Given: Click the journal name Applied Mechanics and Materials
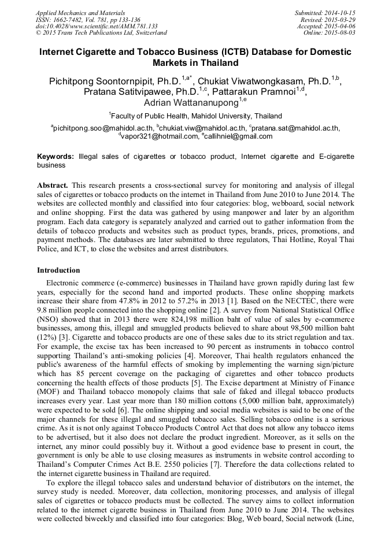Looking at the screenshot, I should click(80, 12).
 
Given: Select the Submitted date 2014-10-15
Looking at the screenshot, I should click(336, 12).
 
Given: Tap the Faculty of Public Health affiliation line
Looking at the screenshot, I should click(197, 116).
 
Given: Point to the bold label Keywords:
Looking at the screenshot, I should click(56, 157).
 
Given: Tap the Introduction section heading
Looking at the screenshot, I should click(58, 270).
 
